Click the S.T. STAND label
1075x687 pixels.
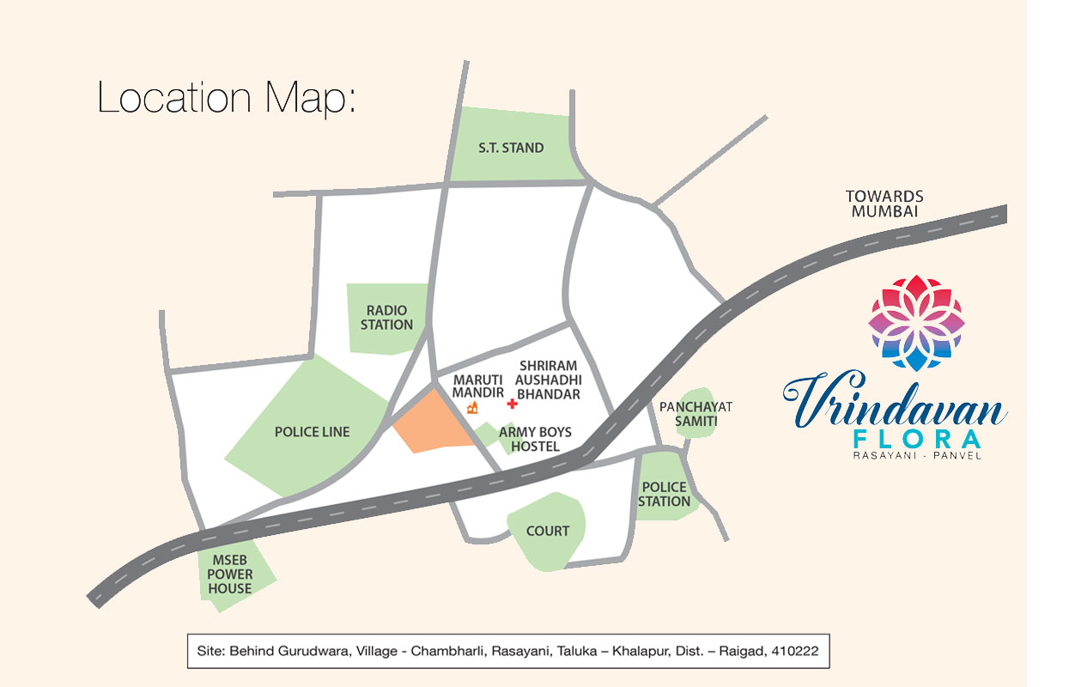pyautogui.click(x=511, y=148)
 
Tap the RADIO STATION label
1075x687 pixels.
pyautogui.click(x=386, y=317)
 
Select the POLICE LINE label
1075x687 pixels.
pyautogui.click(x=313, y=432)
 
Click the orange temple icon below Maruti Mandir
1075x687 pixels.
pyautogui.click(x=472, y=407)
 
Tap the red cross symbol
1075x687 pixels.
pyautogui.click(x=513, y=403)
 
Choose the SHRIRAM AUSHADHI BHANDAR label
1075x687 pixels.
pyautogui.click(x=550, y=380)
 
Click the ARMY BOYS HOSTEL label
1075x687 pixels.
pyautogui.click(x=535, y=439)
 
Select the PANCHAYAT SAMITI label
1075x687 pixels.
pyautogui.click(x=695, y=414)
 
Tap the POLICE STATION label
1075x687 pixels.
pyautogui.click(x=665, y=494)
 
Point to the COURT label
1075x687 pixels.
pyautogui.click(x=548, y=531)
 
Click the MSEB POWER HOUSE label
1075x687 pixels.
pyautogui.click(x=229, y=574)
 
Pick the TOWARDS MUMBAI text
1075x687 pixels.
pyautogui.click(x=884, y=204)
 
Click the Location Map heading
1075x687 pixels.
pyautogui.click(x=226, y=98)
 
